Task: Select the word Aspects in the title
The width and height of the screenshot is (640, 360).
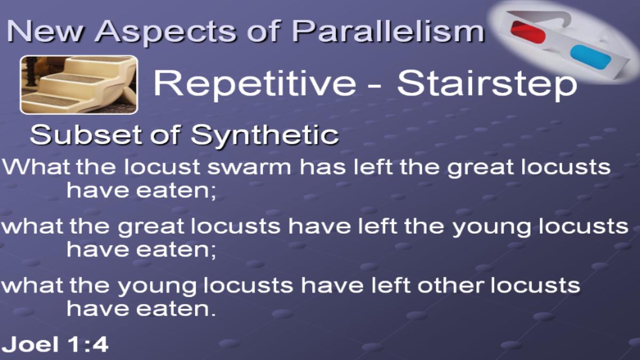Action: (x=165, y=32)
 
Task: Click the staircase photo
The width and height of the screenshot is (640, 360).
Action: (x=79, y=85)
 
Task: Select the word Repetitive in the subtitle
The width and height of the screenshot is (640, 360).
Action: (x=255, y=83)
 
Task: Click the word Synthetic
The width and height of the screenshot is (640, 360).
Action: (x=265, y=135)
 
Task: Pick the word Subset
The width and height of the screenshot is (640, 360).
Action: (x=86, y=134)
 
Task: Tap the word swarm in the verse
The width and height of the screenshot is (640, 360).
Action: (x=249, y=167)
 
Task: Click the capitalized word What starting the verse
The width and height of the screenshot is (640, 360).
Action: (x=36, y=166)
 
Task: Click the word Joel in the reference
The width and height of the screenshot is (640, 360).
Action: (x=31, y=344)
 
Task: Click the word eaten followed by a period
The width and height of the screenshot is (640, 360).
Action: (x=175, y=309)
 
